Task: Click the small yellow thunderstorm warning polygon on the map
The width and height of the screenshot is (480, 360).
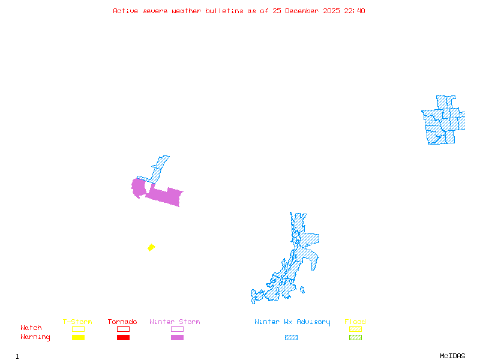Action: [151, 247]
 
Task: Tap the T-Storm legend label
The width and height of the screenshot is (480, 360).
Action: [77, 322]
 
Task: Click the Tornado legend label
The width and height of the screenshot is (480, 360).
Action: [122, 322]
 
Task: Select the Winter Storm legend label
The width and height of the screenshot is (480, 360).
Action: [175, 322]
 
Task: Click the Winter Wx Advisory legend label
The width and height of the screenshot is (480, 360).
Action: [292, 322]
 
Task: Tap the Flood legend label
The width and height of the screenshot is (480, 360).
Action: [355, 322]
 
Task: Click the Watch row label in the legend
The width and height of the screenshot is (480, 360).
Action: [31, 328]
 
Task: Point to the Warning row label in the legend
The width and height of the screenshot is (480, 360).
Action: [35, 337]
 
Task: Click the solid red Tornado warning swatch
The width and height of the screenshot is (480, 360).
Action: [123, 338]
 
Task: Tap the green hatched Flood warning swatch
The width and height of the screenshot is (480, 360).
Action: [355, 338]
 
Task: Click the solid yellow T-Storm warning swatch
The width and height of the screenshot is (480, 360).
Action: [78, 338]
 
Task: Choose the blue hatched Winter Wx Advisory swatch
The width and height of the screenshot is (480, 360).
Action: [291, 338]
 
